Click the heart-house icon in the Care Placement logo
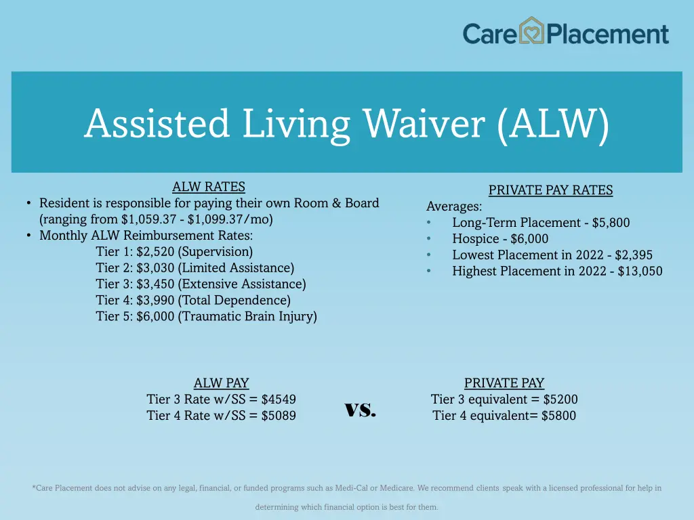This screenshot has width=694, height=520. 532,31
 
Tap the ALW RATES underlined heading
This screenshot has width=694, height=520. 209,187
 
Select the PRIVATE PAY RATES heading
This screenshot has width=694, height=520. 550,190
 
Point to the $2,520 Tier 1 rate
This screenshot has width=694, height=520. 155,252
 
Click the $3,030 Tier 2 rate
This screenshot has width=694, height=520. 155,268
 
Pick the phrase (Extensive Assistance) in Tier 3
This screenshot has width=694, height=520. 242,284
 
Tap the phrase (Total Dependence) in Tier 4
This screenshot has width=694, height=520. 234,301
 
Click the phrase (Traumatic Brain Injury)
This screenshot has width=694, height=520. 247,317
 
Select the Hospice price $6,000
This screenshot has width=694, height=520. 529,239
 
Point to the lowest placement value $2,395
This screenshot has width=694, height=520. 634,255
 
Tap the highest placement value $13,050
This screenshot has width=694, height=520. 640,272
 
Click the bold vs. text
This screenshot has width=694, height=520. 360,408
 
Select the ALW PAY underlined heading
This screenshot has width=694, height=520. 222,383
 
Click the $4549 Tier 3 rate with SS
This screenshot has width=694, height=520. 279,399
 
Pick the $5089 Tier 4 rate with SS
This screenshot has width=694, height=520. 279,416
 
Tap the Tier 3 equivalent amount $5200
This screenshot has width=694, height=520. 560,399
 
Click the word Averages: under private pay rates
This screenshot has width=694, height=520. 454,207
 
